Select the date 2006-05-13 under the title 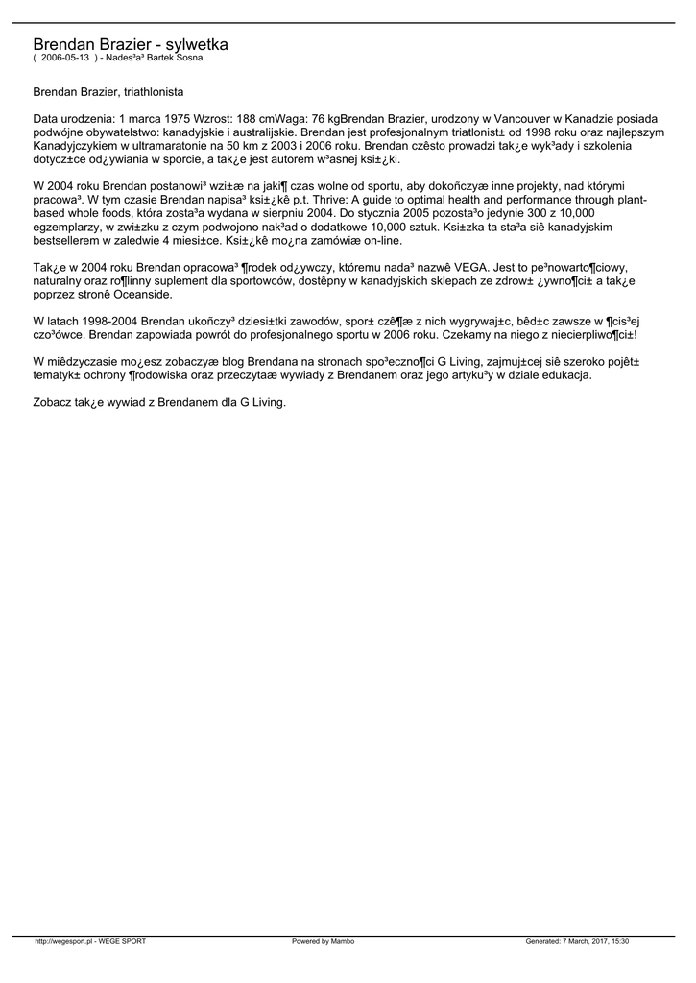click(64, 58)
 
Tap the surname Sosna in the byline click(188, 58)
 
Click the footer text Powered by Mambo click(323, 941)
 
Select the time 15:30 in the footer click(618, 941)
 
